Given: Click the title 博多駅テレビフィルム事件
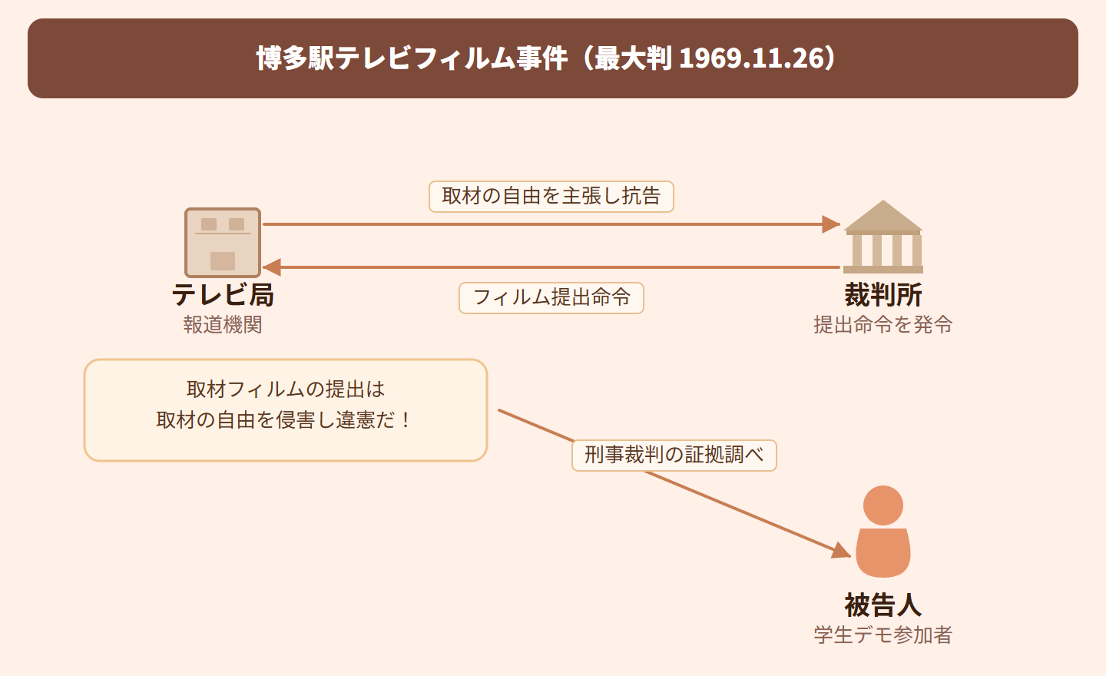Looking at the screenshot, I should pos(412,58).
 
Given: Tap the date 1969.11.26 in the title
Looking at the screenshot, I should pos(751,58).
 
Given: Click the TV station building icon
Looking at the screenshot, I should pos(223,243).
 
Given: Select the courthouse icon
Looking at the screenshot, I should pos(883,237).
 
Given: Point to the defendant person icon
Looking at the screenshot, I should pos(883,533).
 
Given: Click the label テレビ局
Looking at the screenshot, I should pos(223,295).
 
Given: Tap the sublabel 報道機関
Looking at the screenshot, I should pos(223,325).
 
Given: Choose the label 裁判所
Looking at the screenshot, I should pos(883,295).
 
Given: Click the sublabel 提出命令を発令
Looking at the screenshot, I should pos(883,325).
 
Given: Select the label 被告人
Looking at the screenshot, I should pos(883,605).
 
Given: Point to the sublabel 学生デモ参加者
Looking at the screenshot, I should pos(883,635).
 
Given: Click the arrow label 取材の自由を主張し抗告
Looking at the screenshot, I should pos(551,197).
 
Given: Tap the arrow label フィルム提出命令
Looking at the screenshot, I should pos(551,298).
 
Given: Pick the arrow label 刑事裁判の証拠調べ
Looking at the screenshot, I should pos(674,456).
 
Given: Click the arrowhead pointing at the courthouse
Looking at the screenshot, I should pos(831,224).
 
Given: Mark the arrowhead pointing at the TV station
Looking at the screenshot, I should pos(272,267).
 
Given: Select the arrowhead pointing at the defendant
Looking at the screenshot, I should pos(842,550).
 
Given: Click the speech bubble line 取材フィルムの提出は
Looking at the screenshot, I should pos(286,389).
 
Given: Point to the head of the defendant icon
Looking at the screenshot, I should pos(883,505).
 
